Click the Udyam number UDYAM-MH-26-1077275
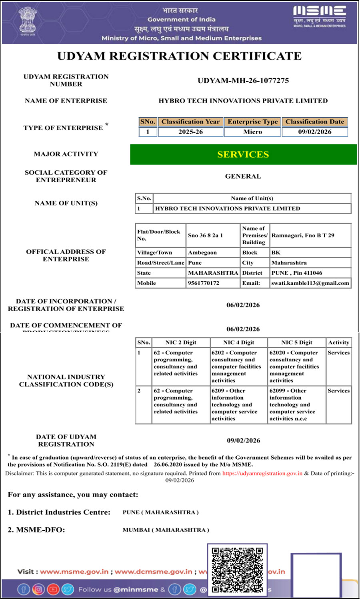click(x=243, y=80)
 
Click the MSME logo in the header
click(x=319, y=16)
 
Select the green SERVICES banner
click(x=243, y=154)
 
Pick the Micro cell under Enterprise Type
click(x=252, y=132)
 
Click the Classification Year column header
click(x=190, y=122)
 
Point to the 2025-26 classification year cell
click(x=190, y=132)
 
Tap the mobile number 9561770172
click(x=204, y=283)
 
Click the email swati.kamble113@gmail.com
click(x=310, y=283)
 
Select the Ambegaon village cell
click(x=202, y=253)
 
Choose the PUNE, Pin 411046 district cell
click(x=296, y=273)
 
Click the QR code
click(x=237, y=570)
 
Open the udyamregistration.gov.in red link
click(x=262, y=473)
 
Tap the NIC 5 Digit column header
click(x=296, y=343)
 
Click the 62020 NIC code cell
click(x=294, y=367)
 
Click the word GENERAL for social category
click(x=243, y=176)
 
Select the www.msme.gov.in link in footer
click(x=74, y=572)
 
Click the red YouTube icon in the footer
click(x=53, y=589)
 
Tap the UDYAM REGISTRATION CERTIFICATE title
click(x=179, y=56)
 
